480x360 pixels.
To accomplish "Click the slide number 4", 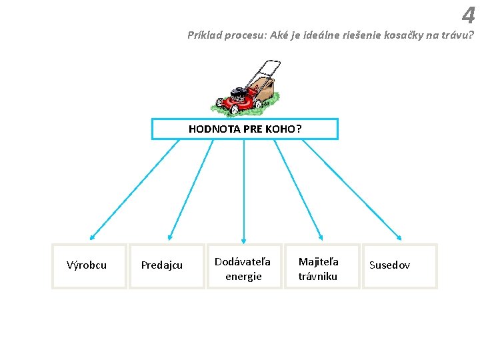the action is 468,15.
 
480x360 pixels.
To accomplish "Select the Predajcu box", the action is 166,266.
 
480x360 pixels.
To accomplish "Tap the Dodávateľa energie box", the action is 243,266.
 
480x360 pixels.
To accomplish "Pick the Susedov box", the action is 399,266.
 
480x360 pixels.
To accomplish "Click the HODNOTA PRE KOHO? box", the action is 245,129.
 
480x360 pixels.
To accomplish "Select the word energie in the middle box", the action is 243,276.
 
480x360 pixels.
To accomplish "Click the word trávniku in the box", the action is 318,276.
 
